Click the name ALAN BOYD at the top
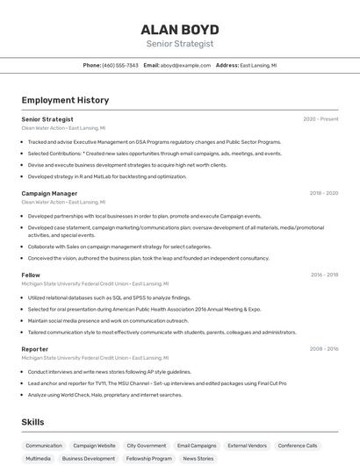pos(179,29)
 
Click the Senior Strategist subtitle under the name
pos(179,44)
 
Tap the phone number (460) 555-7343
pos(120,65)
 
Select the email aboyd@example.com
pos(185,65)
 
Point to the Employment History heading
pos(65,100)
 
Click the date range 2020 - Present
pos(320,119)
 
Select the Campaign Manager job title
pos(49,193)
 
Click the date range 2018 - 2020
pos(323,193)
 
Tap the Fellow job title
pos(31,275)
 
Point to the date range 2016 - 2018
pos(324,275)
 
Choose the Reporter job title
pos(35,349)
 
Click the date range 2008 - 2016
pos(324,349)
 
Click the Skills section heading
pos(32,422)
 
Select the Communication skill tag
pos(44,446)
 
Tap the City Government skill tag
pos(146,446)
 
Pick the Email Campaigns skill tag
pos(197,446)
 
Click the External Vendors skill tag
pos(248,446)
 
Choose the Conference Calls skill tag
pos(298,446)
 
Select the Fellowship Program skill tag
pos(149,459)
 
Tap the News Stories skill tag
pos(198,459)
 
